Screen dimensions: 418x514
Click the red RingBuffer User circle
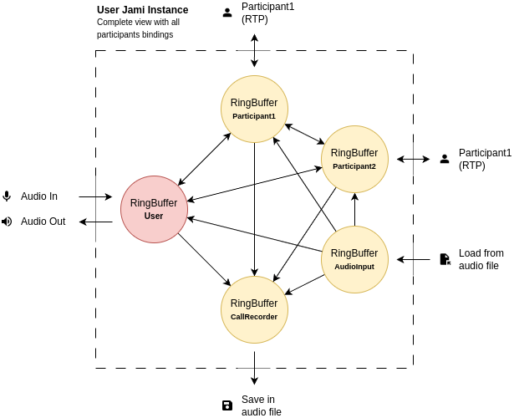pos(154,209)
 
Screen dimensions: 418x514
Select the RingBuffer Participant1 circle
pos(254,109)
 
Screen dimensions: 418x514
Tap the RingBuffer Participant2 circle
pos(354,159)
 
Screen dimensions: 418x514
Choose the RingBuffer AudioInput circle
pos(354,259)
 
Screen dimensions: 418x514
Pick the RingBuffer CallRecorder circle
pos(254,309)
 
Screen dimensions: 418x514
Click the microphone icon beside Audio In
pos(7,196)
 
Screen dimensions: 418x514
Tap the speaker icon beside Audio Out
pos(7,222)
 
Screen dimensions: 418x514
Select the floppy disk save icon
pos(227,405)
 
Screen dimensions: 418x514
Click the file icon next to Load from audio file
pos(445,259)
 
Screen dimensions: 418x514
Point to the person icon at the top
pos(227,13)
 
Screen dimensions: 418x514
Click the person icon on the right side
pos(445,159)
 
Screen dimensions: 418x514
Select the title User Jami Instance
pos(142,10)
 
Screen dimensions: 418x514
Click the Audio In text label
pos(39,196)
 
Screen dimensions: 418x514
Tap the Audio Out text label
pos(43,222)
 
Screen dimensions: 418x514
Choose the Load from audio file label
pos(481,259)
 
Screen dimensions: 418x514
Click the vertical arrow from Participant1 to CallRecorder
pos(254,209)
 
